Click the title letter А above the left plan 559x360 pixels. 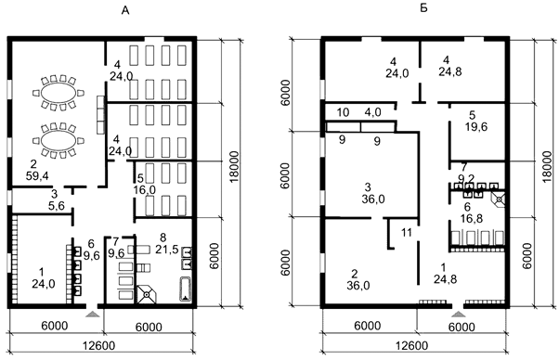(124, 11)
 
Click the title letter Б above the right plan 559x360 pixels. (423, 8)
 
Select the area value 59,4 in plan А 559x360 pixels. (37, 176)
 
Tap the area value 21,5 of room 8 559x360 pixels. (167, 250)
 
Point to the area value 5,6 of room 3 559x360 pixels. (57, 206)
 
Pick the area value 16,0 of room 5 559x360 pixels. (144, 190)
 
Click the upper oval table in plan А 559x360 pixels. (58, 93)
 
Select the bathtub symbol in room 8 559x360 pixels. (185, 289)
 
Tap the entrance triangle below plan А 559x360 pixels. (93, 314)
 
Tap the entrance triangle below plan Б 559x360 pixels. (458, 314)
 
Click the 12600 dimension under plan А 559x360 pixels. (99, 345)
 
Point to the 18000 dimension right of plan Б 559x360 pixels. (547, 166)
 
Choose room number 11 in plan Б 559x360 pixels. (407, 233)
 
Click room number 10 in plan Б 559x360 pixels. (343, 112)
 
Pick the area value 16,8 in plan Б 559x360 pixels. (472, 218)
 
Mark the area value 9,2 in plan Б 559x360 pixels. (466, 178)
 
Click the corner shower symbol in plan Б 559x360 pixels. (499, 199)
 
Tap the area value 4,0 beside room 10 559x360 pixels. (373, 112)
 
